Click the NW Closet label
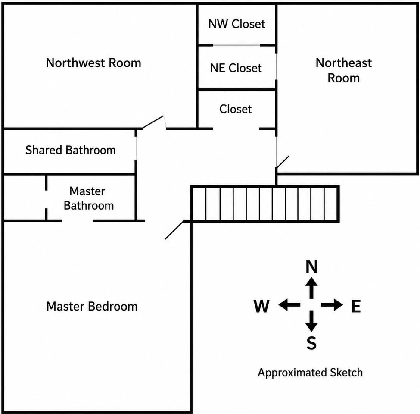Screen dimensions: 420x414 [x=237, y=24]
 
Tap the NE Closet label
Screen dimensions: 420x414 [x=236, y=68]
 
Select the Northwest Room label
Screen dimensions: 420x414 [x=93, y=63]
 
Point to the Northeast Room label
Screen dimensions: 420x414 [x=344, y=71]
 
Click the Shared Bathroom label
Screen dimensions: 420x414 [x=71, y=150]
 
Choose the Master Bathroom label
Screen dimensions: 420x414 [x=89, y=198]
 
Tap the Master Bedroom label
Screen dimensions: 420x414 [x=92, y=307]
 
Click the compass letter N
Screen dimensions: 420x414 [x=311, y=267]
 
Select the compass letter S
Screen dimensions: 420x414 [x=311, y=343]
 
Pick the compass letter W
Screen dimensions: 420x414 [x=261, y=306]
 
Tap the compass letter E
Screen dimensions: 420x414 [x=356, y=306]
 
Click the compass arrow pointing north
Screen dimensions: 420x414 [x=311, y=288]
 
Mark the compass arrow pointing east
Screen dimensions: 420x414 [x=332, y=305]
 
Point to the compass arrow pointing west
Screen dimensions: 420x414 [x=289, y=305]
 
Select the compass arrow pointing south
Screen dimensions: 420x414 [x=311, y=321]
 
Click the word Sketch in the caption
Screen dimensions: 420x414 [x=346, y=373]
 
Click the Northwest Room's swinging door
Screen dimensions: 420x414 [x=152, y=122]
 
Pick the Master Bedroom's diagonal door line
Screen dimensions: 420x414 [x=174, y=230]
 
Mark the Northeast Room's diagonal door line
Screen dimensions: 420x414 [x=283, y=162]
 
